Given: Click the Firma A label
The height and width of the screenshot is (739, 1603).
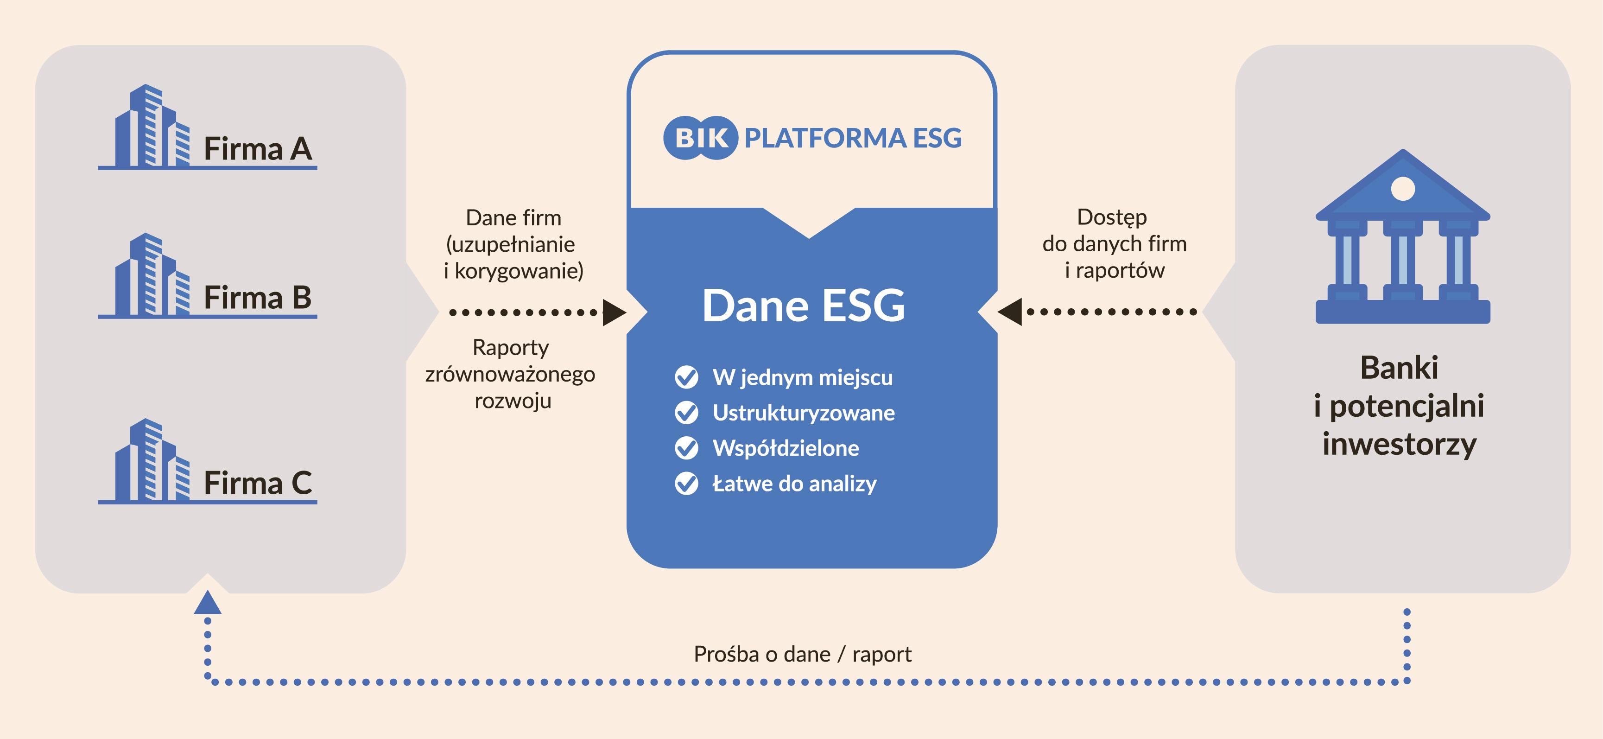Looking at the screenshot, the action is [258, 149].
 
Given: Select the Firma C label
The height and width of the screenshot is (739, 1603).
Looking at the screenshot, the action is [258, 483].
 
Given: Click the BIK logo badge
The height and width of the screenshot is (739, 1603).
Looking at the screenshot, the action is [701, 138].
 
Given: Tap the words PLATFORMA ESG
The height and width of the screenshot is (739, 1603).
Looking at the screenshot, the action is [853, 138].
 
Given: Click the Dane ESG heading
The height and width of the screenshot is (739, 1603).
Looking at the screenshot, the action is [804, 305].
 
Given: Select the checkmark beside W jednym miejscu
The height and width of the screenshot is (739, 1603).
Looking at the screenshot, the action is [686, 377].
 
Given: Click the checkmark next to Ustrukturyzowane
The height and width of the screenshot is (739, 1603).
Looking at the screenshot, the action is [686, 413].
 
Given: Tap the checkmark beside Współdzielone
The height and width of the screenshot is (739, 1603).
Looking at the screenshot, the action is [686, 448].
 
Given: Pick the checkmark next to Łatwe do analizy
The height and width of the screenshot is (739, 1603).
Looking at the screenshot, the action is [686, 484].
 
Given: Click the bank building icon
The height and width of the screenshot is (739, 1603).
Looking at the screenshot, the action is [1403, 236].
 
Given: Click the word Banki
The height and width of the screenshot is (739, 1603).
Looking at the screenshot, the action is [1399, 367].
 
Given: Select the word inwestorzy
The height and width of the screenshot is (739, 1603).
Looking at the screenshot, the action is [1399, 445].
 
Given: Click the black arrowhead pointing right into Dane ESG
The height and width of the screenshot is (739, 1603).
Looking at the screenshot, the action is [614, 312].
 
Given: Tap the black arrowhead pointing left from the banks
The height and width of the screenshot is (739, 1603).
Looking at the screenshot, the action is [1009, 311].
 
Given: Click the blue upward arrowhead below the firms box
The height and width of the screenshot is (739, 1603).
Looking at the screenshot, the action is [208, 603].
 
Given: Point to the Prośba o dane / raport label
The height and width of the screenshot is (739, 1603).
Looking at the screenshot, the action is [802, 654].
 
